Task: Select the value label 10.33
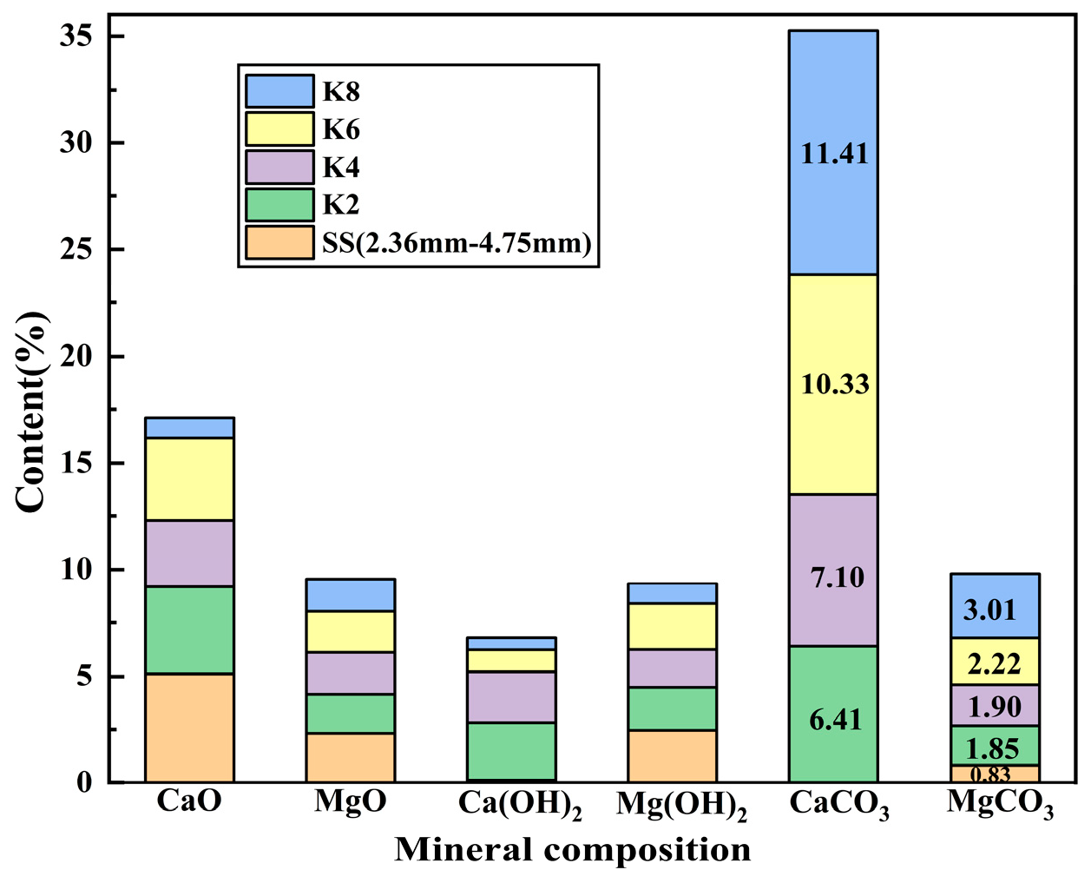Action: (834, 384)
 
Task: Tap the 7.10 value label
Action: (837, 577)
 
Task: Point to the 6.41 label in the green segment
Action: (834, 720)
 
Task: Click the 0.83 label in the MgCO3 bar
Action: (989, 774)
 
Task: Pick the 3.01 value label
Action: (990, 610)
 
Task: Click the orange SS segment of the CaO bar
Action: (189, 728)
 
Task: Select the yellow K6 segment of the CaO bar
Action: (189, 479)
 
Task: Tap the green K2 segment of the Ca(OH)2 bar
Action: (511, 751)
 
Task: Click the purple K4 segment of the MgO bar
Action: (350, 673)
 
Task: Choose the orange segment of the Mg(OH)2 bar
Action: (672, 756)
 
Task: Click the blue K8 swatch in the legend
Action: (279, 91)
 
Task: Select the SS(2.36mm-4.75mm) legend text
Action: (457, 243)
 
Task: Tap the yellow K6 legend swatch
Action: (279, 129)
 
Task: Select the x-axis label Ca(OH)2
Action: (519, 805)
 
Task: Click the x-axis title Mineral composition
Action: (573, 850)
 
